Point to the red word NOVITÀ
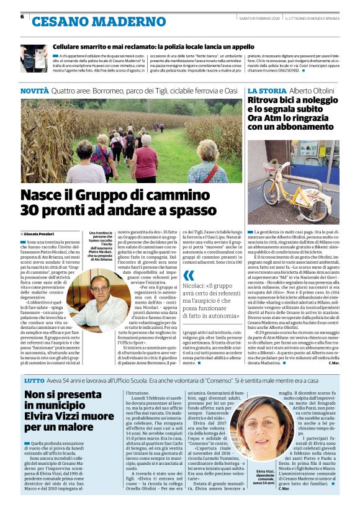pos(34,91)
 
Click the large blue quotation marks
pos(189,275)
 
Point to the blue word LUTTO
pos(34,379)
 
